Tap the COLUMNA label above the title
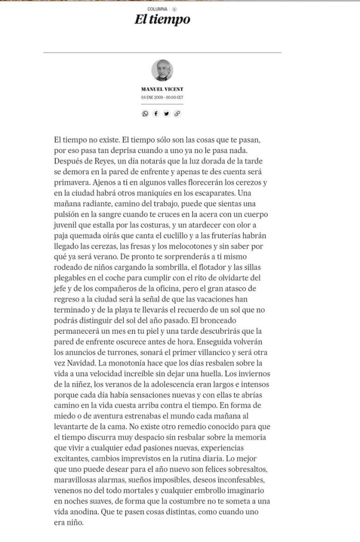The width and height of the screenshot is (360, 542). pyautogui.click(x=157, y=9)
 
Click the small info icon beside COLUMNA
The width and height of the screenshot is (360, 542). pyautogui.click(x=174, y=9)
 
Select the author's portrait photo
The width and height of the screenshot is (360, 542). pyautogui.click(x=162, y=70)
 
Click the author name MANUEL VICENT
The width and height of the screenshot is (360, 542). pyautogui.click(x=162, y=90)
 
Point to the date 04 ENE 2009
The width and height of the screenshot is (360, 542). pyautogui.click(x=152, y=97)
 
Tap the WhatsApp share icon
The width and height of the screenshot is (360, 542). pyautogui.click(x=145, y=113)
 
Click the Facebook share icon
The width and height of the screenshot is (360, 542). pyautogui.click(x=156, y=113)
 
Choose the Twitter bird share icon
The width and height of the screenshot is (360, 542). pyautogui.click(x=166, y=113)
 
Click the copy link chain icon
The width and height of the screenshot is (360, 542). pyautogui.click(x=177, y=113)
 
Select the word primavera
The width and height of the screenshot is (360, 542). pyautogui.click(x=73, y=182)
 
